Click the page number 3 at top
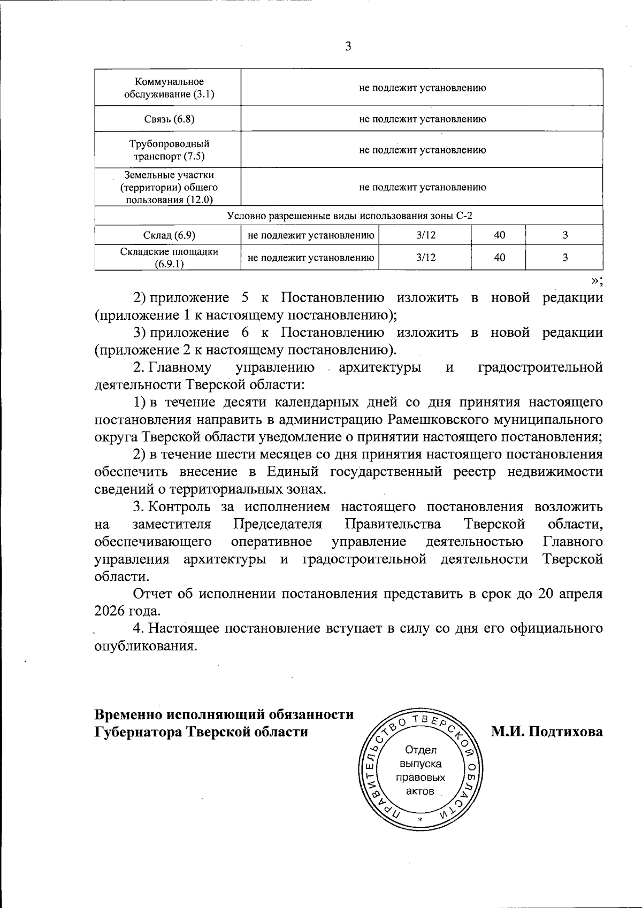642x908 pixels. (348, 47)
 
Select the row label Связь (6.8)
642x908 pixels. (169, 119)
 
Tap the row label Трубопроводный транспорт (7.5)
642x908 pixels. (169, 150)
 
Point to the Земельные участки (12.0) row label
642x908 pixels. (169, 187)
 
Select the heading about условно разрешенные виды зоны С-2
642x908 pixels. (349, 216)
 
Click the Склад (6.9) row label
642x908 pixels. (169, 235)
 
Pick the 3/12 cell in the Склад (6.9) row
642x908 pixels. (425, 235)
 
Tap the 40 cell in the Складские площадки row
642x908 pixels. (500, 258)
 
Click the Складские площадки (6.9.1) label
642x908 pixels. (169, 258)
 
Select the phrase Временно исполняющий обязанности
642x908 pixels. (224, 714)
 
